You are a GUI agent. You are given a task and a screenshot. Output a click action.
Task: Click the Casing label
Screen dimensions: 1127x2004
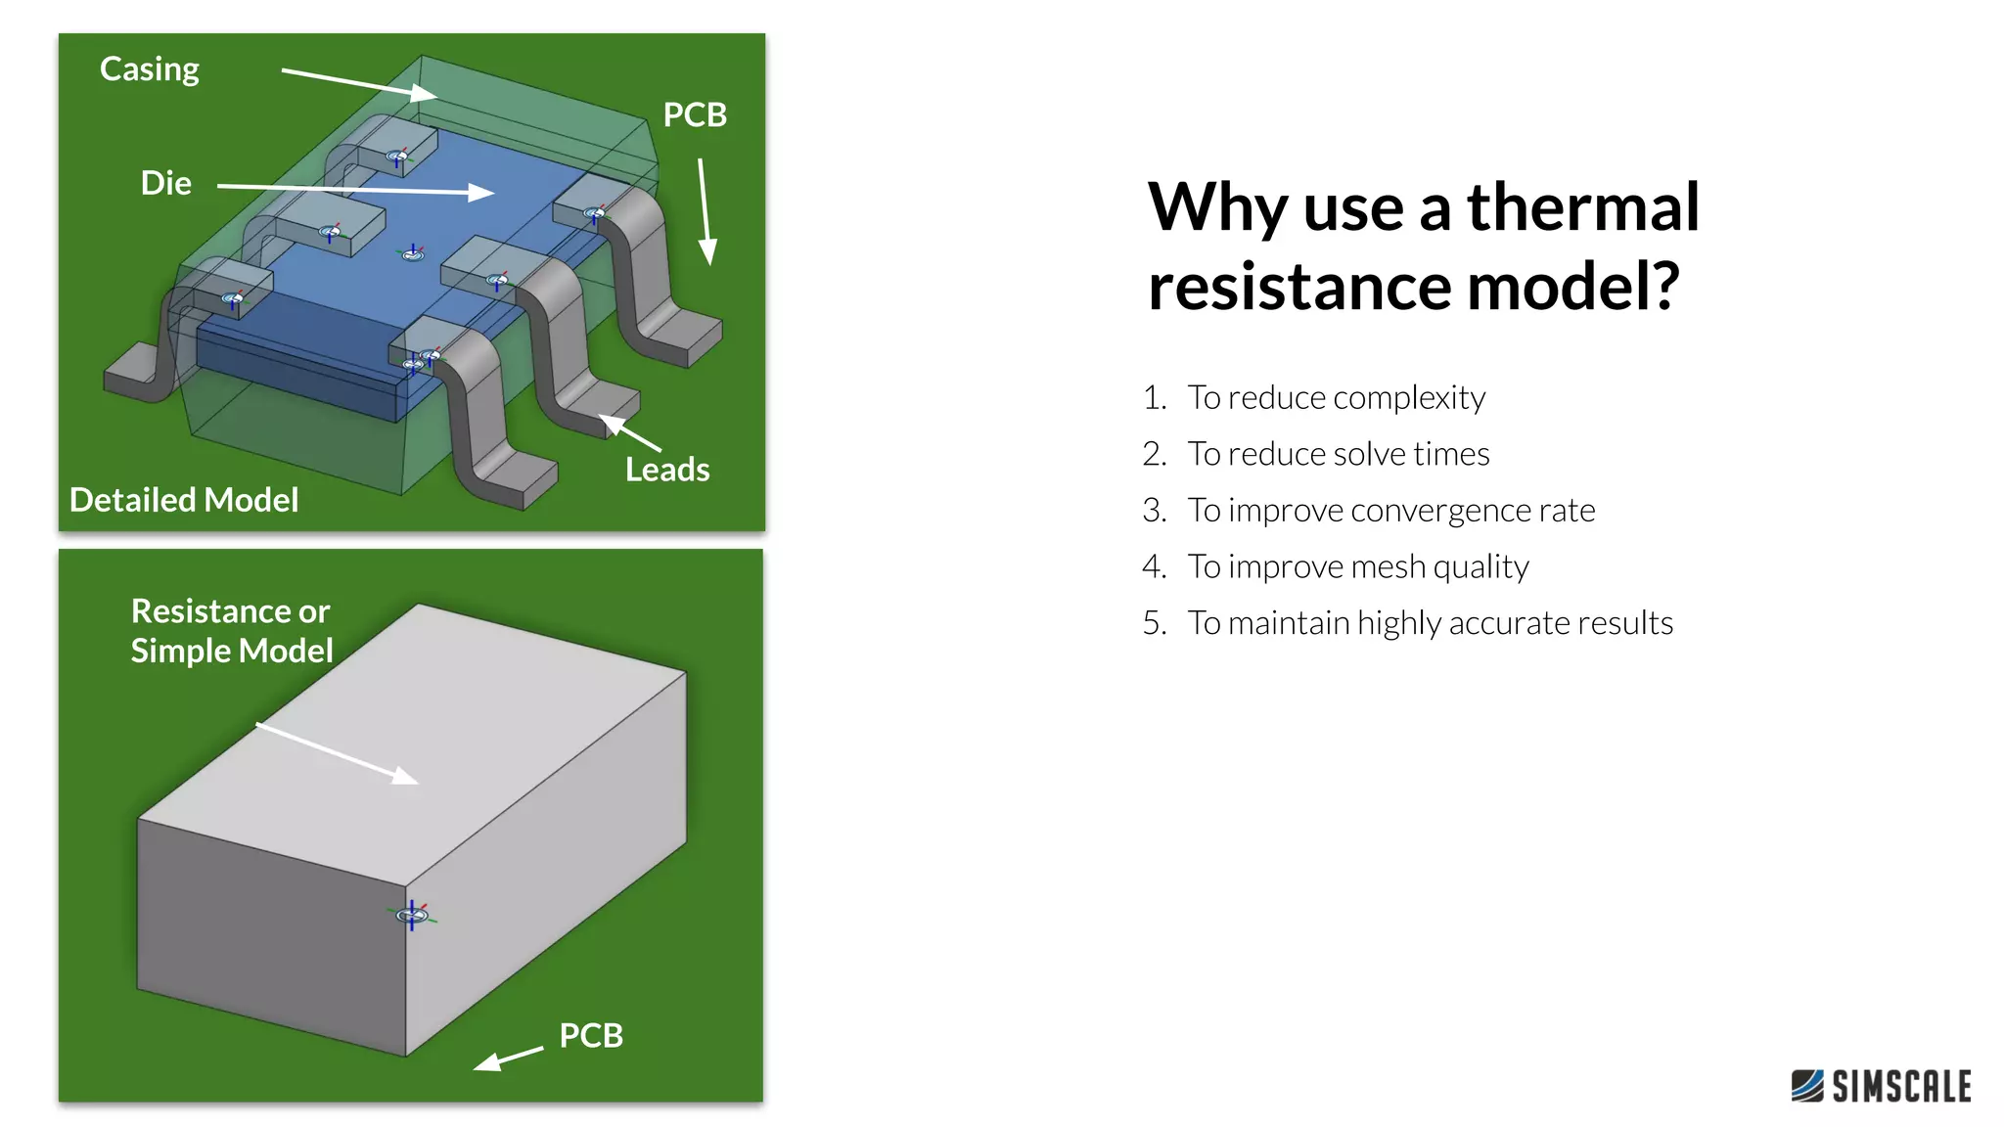[x=150, y=69]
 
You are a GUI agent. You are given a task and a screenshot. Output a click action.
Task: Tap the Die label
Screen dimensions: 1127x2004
[x=165, y=183]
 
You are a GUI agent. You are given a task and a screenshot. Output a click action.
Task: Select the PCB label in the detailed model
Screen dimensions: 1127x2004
[x=695, y=114]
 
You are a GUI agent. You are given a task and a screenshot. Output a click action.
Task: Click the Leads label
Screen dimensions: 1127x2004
[x=667, y=470]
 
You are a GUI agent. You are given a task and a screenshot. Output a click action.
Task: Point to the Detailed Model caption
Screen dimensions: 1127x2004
[x=184, y=500]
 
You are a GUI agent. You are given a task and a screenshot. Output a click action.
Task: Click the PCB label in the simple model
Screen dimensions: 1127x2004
[x=591, y=1035]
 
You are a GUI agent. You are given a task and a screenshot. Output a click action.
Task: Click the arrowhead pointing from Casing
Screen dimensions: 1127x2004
[x=425, y=93]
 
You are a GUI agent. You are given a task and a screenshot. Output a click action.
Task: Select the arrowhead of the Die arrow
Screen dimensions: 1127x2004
[x=481, y=192]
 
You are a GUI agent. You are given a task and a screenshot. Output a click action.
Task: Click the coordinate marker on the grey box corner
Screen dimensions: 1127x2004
[x=412, y=915]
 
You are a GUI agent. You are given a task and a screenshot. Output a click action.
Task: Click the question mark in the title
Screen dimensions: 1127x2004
[x=1661, y=286]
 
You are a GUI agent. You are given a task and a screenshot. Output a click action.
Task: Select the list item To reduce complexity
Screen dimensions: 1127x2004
[x=1336, y=398]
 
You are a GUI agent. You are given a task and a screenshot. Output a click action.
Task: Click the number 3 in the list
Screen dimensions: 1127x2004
[x=1154, y=511]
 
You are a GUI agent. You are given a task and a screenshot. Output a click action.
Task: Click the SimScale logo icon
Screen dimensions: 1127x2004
[x=1807, y=1086]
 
